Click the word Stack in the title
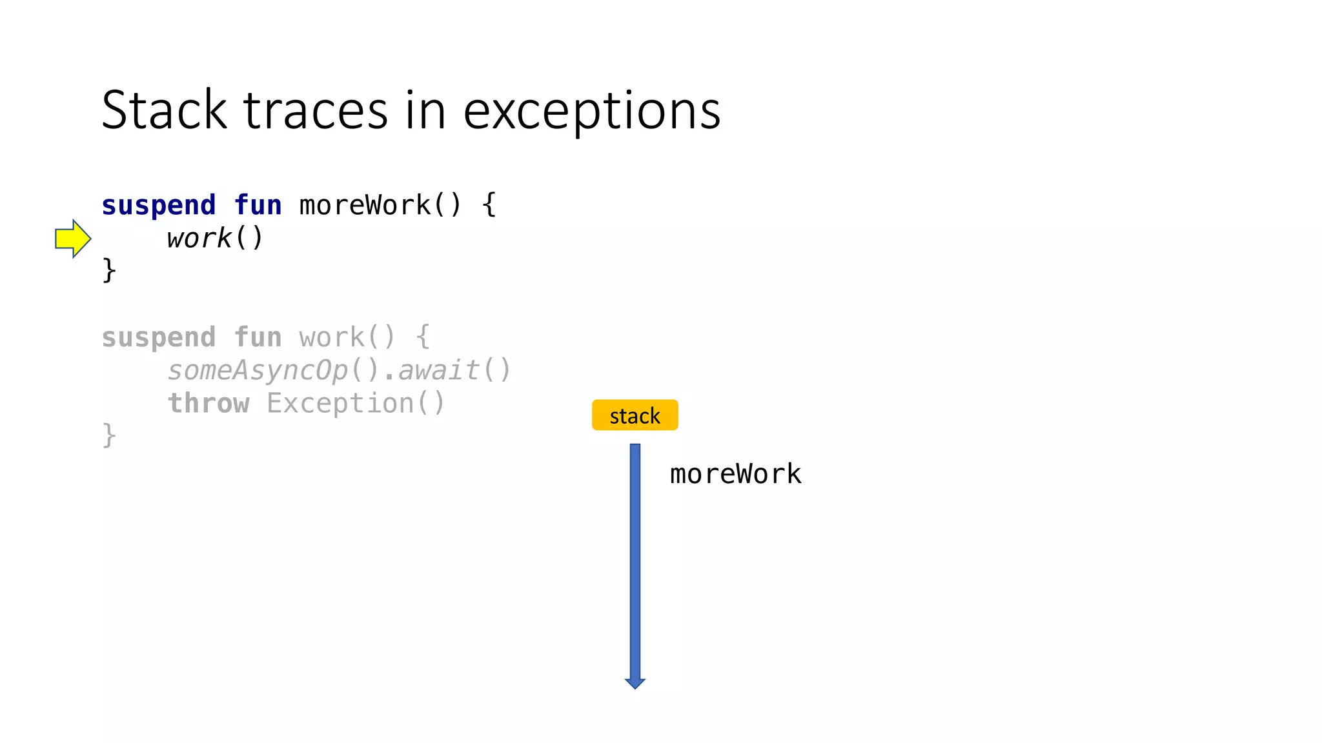coord(164,110)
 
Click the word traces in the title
coord(316,112)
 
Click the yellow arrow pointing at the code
coord(73,239)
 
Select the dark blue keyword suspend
coord(159,206)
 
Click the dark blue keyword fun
coord(258,206)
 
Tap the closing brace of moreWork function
coord(109,270)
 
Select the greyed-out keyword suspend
coord(159,337)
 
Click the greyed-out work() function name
coord(347,337)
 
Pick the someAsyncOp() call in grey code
coord(274,370)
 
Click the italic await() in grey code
coord(454,370)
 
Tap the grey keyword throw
coord(208,404)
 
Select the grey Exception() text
coord(356,404)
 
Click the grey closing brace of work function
coord(109,435)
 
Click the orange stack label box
coord(635,415)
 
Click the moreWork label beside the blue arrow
coord(735,474)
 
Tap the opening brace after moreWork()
coord(489,206)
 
